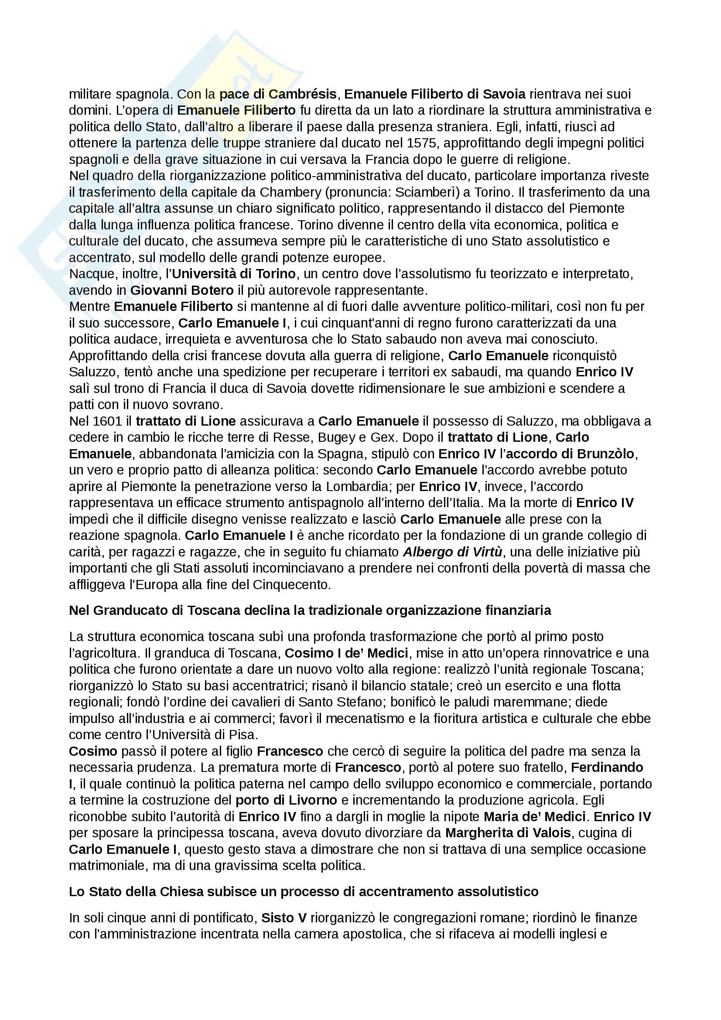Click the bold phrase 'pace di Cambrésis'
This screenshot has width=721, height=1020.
(x=278, y=94)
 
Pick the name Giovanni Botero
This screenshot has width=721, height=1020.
(x=182, y=290)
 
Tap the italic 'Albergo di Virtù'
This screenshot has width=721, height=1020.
(x=453, y=552)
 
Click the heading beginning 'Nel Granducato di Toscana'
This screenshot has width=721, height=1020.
(x=310, y=611)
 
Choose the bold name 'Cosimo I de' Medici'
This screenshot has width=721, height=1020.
(x=346, y=653)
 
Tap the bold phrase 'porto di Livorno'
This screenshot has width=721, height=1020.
(x=286, y=800)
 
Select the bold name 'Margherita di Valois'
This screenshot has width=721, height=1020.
(x=508, y=832)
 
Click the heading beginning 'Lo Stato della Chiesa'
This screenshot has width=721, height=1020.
(x=304, y=892)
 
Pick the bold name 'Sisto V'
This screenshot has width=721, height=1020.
(x=284, y=918)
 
